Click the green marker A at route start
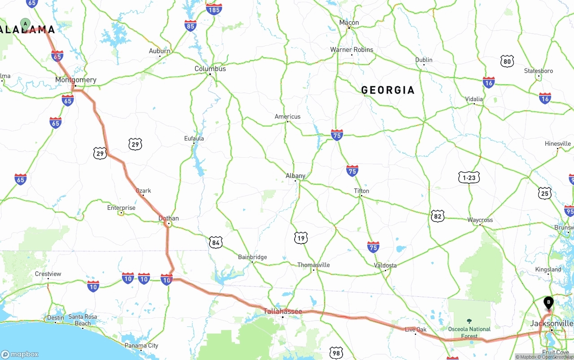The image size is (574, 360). (26, 23)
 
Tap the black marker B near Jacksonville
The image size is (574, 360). (548, 303)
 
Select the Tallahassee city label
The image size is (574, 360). (283, 311)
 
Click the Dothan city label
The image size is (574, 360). (169, 218)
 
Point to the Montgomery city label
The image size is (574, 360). (76, 80)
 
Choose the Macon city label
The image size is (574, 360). (349, 22)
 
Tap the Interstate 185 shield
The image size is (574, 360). (214, 9)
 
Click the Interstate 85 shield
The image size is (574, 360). (190, 26)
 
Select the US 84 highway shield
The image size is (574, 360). (216, 243)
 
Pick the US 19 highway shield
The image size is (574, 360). (301, 238)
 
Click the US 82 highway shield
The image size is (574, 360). (438, 216)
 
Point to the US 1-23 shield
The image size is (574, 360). (469, 178)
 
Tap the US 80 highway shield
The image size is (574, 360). (507, 61)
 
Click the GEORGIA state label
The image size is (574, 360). (388, 90)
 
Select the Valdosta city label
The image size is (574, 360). (386, 265)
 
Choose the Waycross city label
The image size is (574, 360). (480, 220)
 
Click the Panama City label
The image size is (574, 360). (141, 345)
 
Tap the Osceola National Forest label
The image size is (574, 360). (470, 332)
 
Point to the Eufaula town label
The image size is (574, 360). (194, 139)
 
